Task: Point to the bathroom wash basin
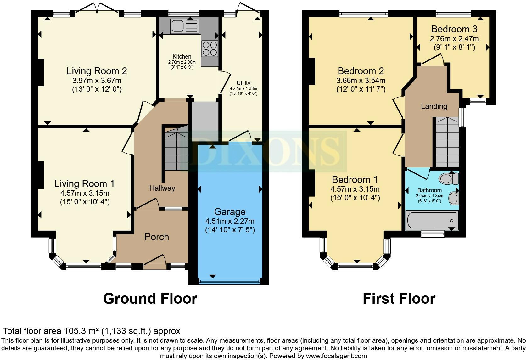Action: point(453,198)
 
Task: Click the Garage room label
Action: point(230,212)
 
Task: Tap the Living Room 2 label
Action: point(97,71)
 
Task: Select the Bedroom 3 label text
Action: point(454,29)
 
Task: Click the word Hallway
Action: point(162,188)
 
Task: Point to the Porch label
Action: point(157,237)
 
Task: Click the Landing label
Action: point(434,106)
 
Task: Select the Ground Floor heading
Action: point(150,298)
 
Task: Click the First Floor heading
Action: point(399,298)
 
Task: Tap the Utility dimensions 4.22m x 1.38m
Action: point(243,89)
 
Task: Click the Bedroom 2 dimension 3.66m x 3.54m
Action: point(361,81)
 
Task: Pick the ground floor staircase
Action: point(176,151)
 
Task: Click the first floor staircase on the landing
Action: point(447,142)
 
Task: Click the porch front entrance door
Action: point(155,262)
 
